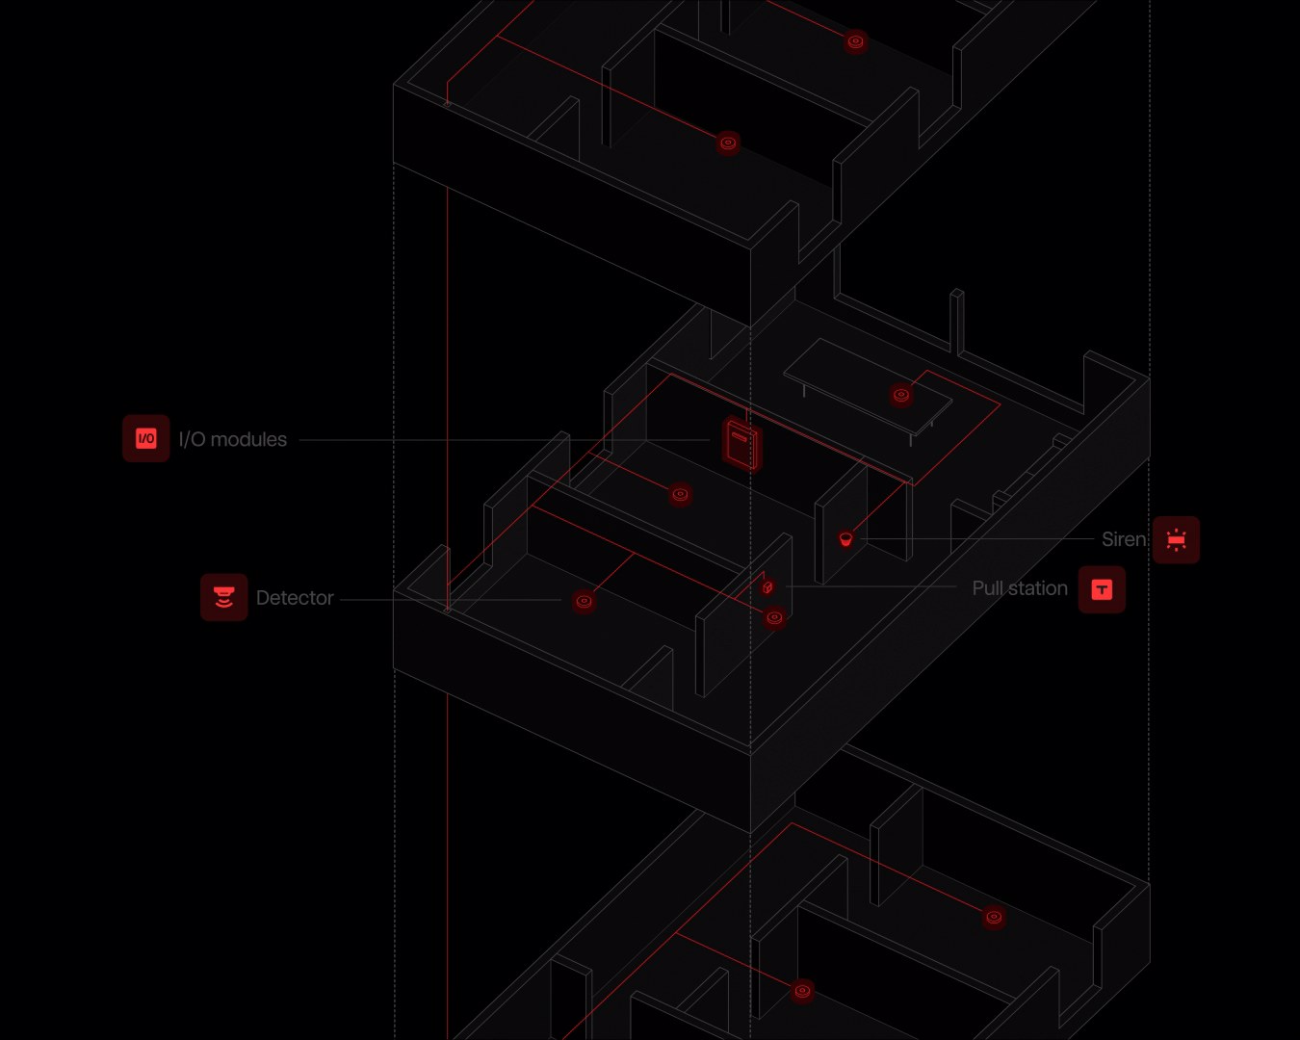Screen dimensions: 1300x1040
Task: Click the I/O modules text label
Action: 233,439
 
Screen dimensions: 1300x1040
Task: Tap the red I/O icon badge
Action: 146,439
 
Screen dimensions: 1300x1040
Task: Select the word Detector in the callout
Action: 295,598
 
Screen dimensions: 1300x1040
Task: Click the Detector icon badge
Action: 224,597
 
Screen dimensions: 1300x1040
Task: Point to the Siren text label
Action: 1124,539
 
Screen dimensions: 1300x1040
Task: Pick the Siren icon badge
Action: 1176,539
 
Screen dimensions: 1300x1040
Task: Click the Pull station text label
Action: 1020,588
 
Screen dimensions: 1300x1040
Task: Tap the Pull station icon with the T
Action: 1102,589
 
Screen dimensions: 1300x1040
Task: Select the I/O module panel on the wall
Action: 742,444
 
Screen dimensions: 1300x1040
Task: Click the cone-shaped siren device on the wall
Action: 845,538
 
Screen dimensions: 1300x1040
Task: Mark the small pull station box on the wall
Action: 767,586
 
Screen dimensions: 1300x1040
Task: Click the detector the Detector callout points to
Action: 584,601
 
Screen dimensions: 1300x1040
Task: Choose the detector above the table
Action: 901,395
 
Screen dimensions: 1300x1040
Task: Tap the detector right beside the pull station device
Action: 774,617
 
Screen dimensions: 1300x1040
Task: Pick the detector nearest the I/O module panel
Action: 680,494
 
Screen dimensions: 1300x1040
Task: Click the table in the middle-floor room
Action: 868,387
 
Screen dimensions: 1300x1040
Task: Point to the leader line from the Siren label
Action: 978,538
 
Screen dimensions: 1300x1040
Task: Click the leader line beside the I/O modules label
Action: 505,440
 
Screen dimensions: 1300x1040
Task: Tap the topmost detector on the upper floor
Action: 855,41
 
